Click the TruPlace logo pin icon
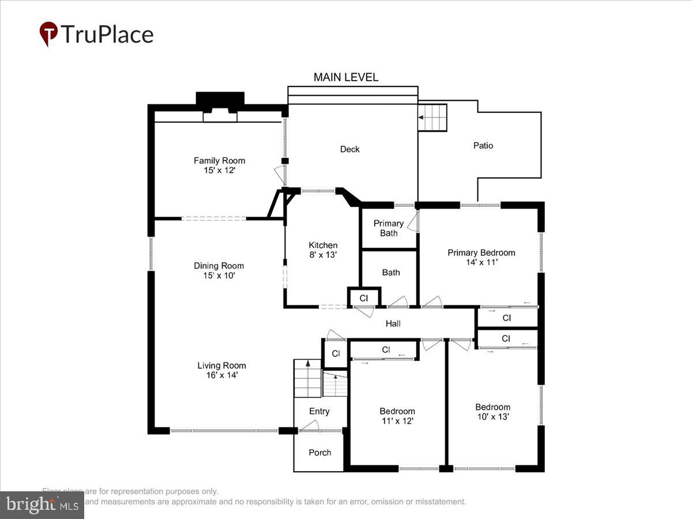pos(48,34)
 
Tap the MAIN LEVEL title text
pos(346,77)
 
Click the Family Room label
pos(219,166)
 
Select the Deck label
pos(349,149)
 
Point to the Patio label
pos(483,146)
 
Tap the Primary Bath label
pos(389,228)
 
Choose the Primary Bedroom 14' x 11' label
pos(482,257)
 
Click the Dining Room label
pos(219,270)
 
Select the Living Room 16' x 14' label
pos(221,370)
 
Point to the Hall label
pos(393,324)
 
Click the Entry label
pos(319,411)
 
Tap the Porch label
pos(319,453)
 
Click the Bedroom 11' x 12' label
pos(397,416)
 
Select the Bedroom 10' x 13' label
pos(492,411)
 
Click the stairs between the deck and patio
pos(432,118)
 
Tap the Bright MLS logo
pos(42,505)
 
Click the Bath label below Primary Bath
pos(390,272)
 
